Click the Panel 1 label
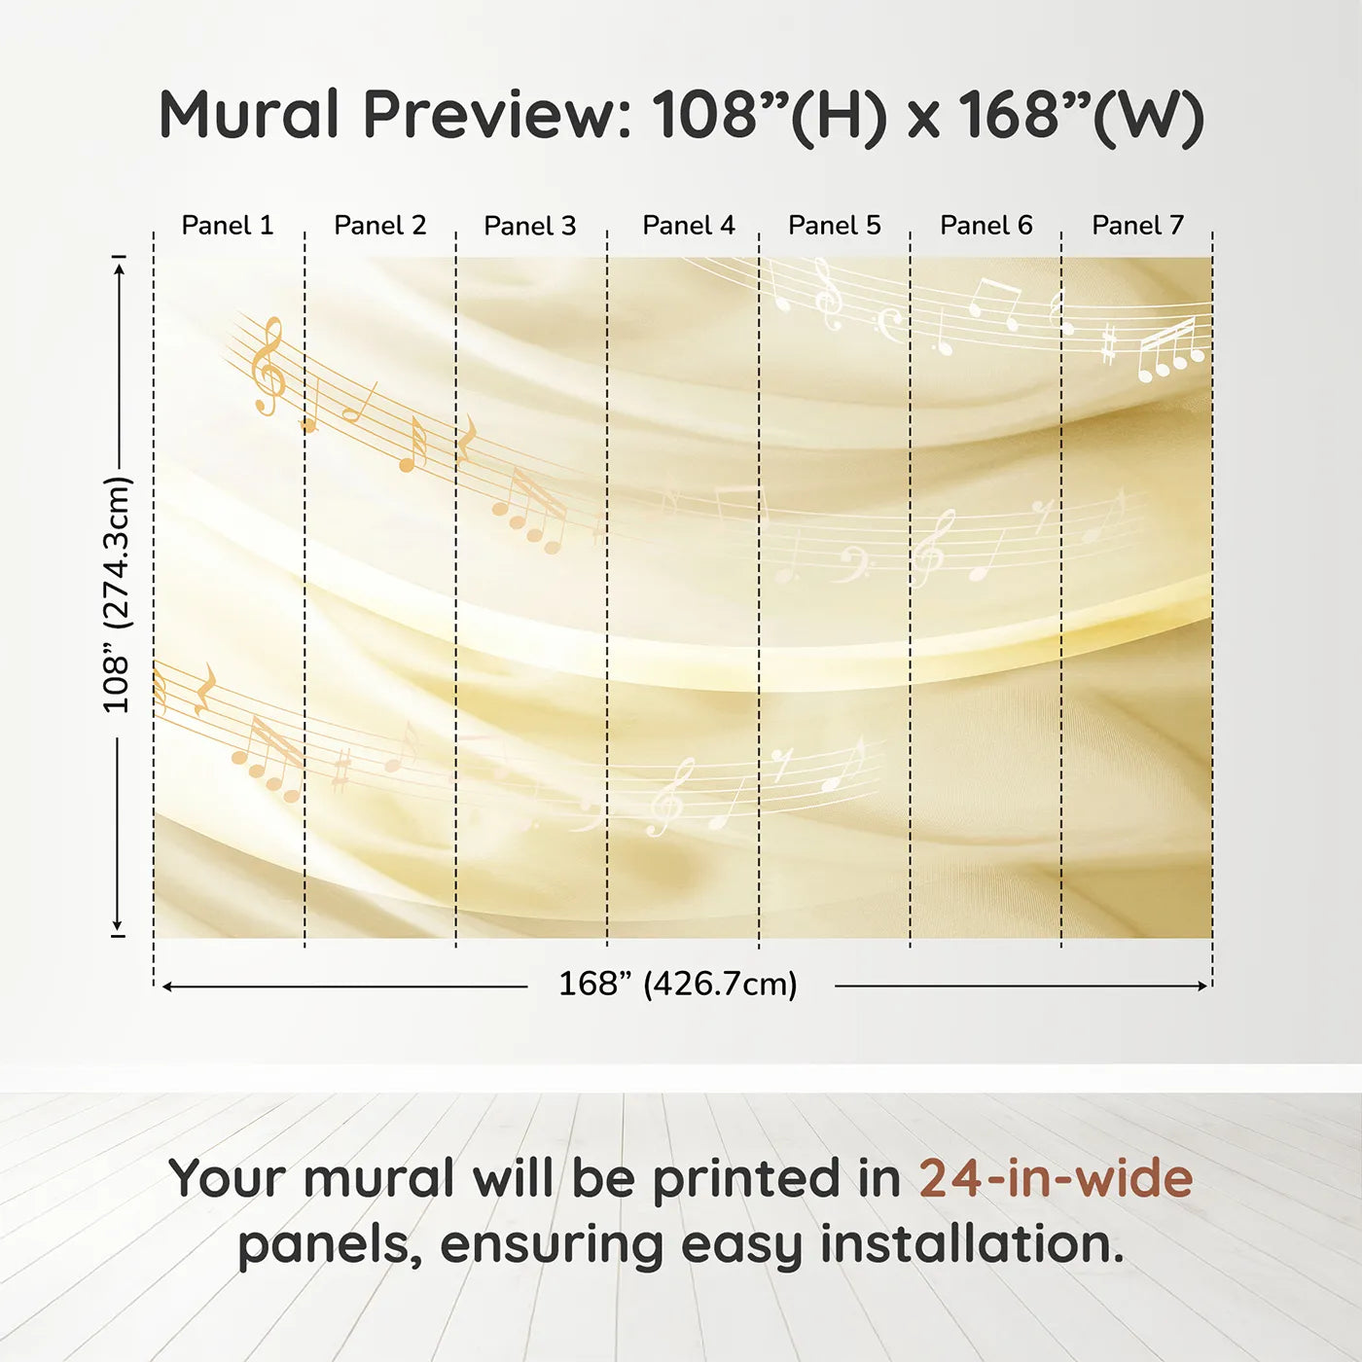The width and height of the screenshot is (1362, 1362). pos(227,226)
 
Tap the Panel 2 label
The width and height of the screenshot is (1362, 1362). pos(380,226)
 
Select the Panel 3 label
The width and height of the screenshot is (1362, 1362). pos(530,226)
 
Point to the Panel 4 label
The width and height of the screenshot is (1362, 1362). pos(689,226)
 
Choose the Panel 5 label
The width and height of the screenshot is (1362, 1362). pos(835,226)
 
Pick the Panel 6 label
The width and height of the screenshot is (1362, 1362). pos(986,226)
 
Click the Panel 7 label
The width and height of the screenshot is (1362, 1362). pos(1137,226)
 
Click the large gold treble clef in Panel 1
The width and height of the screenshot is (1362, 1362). pos(269,366)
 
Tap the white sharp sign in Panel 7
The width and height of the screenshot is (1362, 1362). pos(1109,344)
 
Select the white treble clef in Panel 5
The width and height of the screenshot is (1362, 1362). pos(828,294)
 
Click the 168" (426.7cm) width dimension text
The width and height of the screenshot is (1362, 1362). pos(678,984)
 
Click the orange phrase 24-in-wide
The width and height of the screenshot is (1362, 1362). pos(1056,1178)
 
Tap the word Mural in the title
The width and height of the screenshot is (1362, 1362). pos(249,114)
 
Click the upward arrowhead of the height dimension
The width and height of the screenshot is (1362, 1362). pos(121,269)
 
